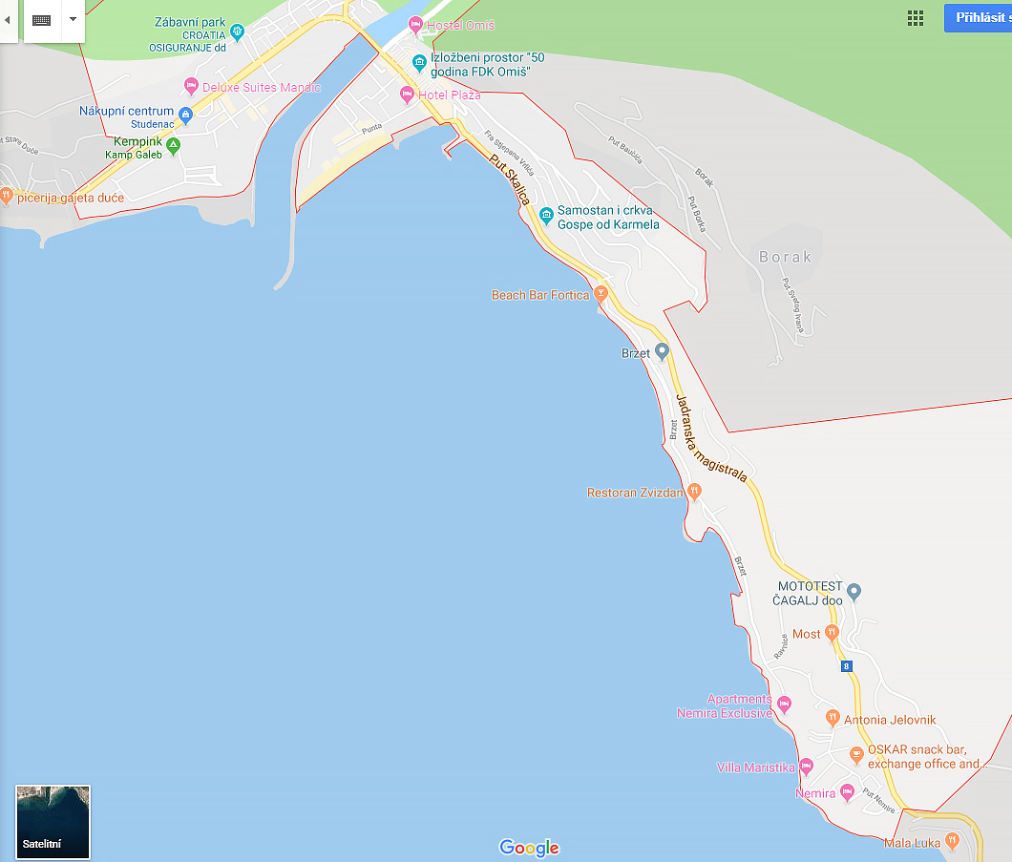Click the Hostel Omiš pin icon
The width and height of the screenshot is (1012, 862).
tap(414, 24)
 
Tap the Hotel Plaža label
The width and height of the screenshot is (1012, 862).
tap(450, 95)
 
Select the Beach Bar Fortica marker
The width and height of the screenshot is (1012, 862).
tap(601, 293)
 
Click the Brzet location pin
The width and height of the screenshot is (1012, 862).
tap(662, 351)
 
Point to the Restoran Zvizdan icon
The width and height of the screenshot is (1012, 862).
tap(694, 491)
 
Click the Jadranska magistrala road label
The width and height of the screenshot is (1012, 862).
tap(711, 438)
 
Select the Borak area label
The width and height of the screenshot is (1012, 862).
tap(786, 257)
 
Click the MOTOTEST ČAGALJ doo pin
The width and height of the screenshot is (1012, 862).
tap(854, 592)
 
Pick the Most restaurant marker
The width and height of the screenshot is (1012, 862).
tap(832, 632)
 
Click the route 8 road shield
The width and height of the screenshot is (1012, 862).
tap(847, 666)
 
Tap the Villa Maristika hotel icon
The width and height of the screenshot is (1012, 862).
tap(806, 766)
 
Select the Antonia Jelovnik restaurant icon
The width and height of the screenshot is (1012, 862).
tap(832, 718)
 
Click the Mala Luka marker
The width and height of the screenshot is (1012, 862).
tap(951, 840)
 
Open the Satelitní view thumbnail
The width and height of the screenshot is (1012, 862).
tap(53, 822)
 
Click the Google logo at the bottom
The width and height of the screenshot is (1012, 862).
tap(529, 848)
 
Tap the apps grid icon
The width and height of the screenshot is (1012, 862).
tap(916, 18)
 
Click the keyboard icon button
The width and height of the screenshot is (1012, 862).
tap(42, 20)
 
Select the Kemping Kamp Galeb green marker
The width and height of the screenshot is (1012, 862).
tap(173, 145)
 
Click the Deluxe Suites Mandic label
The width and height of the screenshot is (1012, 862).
tap(262, 88)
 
